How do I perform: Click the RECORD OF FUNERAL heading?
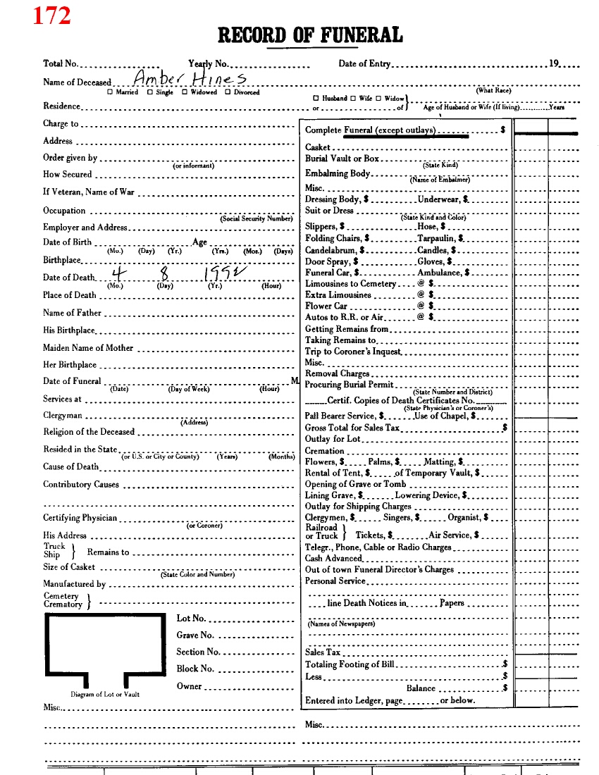pos(310,35)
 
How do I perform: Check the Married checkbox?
pos(109,92)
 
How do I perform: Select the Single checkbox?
pos(149,92)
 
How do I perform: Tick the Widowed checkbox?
pos(184,92)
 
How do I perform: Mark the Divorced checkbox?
pos(228,92)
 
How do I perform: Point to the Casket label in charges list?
pos(318,147)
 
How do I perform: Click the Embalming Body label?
pos(338,173)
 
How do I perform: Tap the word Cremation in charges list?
pos(324,451)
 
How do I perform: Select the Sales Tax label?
pos(323,652)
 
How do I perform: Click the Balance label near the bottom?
pos(421,688)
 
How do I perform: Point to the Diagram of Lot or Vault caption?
pos(104,694)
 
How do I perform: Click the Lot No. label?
pos(190,619)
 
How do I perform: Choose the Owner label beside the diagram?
pos(189,686)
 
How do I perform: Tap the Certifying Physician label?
pos(80,518)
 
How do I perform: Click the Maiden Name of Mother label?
pos(88,348)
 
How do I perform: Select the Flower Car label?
pos(327,306)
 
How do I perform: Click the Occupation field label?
pos(64,211)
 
